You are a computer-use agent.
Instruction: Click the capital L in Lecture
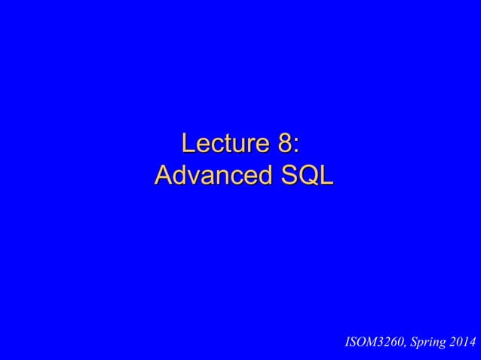pyautogui.click(x=188, y=142)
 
